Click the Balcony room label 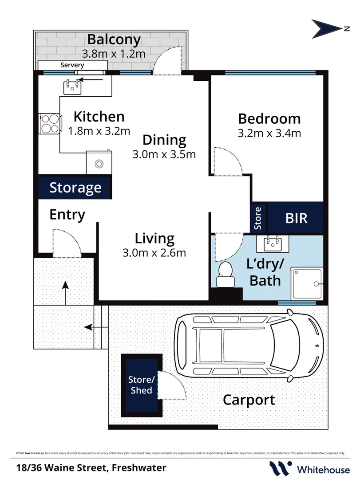pos(114,39)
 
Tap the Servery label pos(72,65)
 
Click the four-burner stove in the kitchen pos(49,124)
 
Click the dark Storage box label pos(75,188)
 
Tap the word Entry pos(67,215)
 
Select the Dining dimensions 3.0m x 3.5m pos(164,155)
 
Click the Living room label pos(154,239)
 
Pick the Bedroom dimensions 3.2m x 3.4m pos(269,133)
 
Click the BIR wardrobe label pos(296,218)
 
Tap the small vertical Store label pos(258,217)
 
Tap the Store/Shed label pos(141,385)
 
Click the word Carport pos(249,400)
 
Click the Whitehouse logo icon pos(280,468)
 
